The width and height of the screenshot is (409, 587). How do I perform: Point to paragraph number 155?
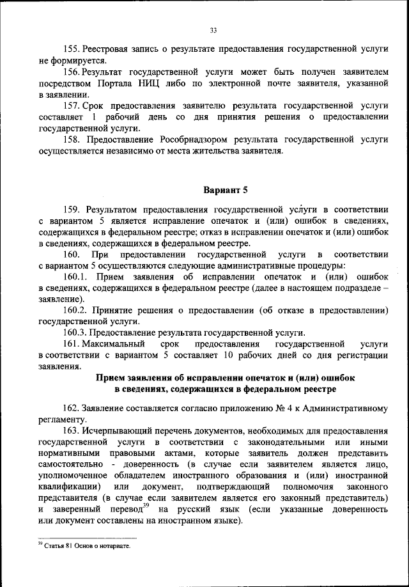pyautogui.click(x=72, y=48)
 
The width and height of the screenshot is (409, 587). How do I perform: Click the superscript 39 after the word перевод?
pyautogui.click(x=145, y=505)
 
